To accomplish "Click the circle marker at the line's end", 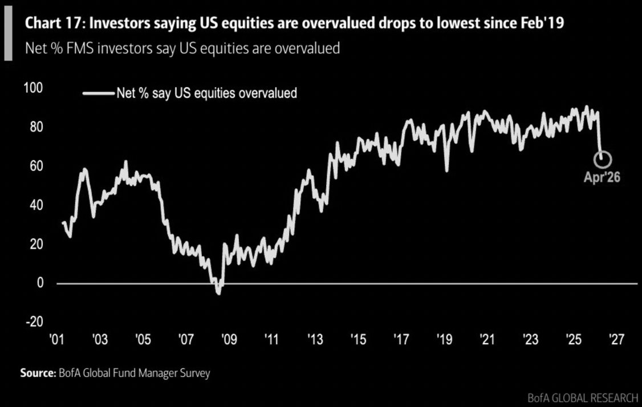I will click(x=604, y=158).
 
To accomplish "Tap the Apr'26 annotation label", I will click(x=602, y=177).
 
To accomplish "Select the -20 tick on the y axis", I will click(x=32, y=322).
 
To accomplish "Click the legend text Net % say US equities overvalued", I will click(x=206, y=93).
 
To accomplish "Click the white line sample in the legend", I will click(x=97, y=93).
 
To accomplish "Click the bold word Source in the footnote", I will click(x=36, y=374).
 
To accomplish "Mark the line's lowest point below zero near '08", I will click(x=218, y=293).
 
